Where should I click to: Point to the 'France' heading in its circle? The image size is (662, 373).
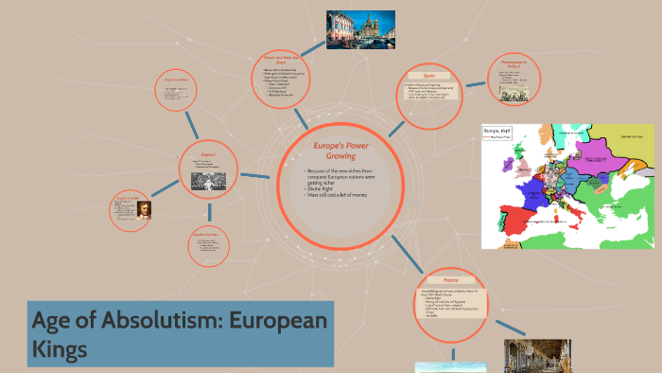click(x=450, y=280)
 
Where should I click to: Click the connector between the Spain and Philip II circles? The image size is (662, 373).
click(x=473, y=81)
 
